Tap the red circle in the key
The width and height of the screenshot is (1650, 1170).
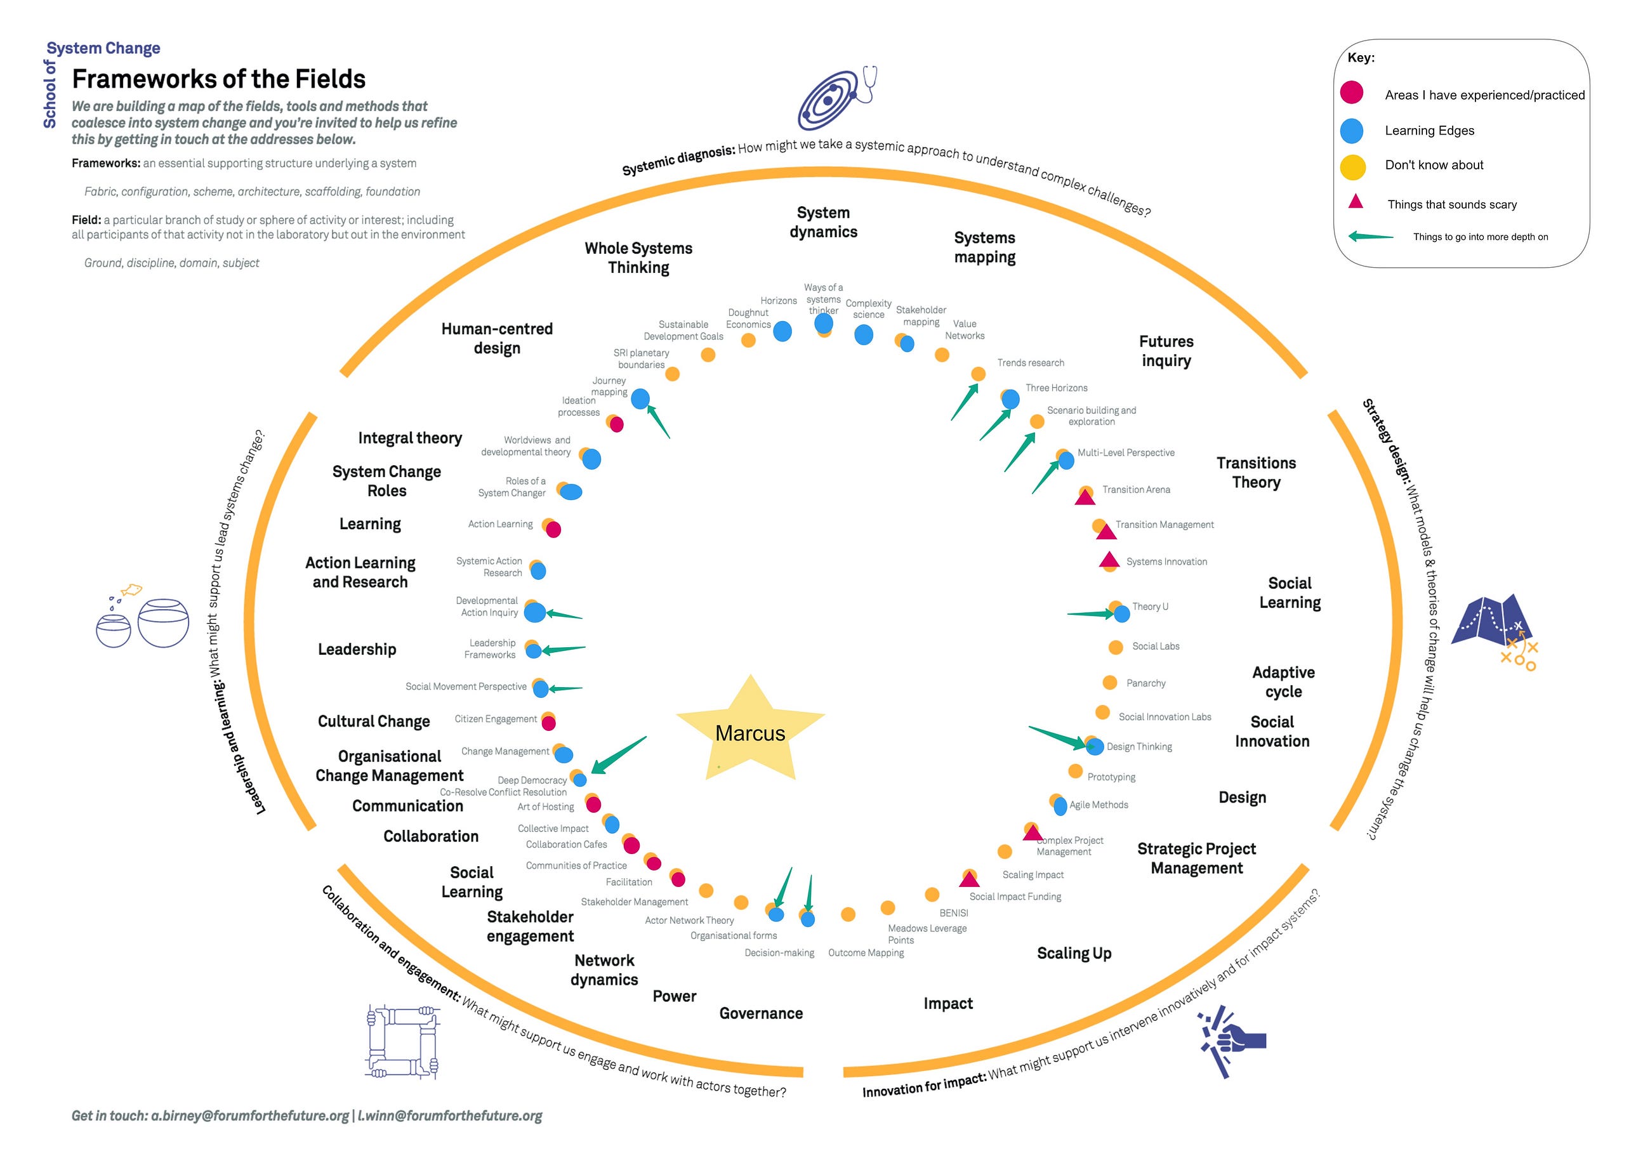click(1352, 93)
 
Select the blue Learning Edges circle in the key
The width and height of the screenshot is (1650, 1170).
click(1352, 131)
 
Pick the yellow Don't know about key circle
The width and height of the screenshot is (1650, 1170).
click(1352, 167)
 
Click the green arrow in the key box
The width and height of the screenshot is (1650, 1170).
click(1370, 236)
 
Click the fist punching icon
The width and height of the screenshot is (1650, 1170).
click(1231, 1041)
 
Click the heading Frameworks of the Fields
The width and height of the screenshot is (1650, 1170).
click(218, 79)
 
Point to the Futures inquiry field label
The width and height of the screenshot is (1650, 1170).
click(1166, 351)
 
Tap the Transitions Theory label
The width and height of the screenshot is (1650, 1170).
click(1256, 473)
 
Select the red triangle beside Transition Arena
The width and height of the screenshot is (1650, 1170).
click(1085, 496)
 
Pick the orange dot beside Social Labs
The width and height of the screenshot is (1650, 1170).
click(1116, 647)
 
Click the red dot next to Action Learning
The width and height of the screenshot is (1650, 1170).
click(553, 530)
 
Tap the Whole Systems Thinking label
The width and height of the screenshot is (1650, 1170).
click(638, 257)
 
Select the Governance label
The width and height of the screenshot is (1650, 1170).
click(761, 1013)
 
